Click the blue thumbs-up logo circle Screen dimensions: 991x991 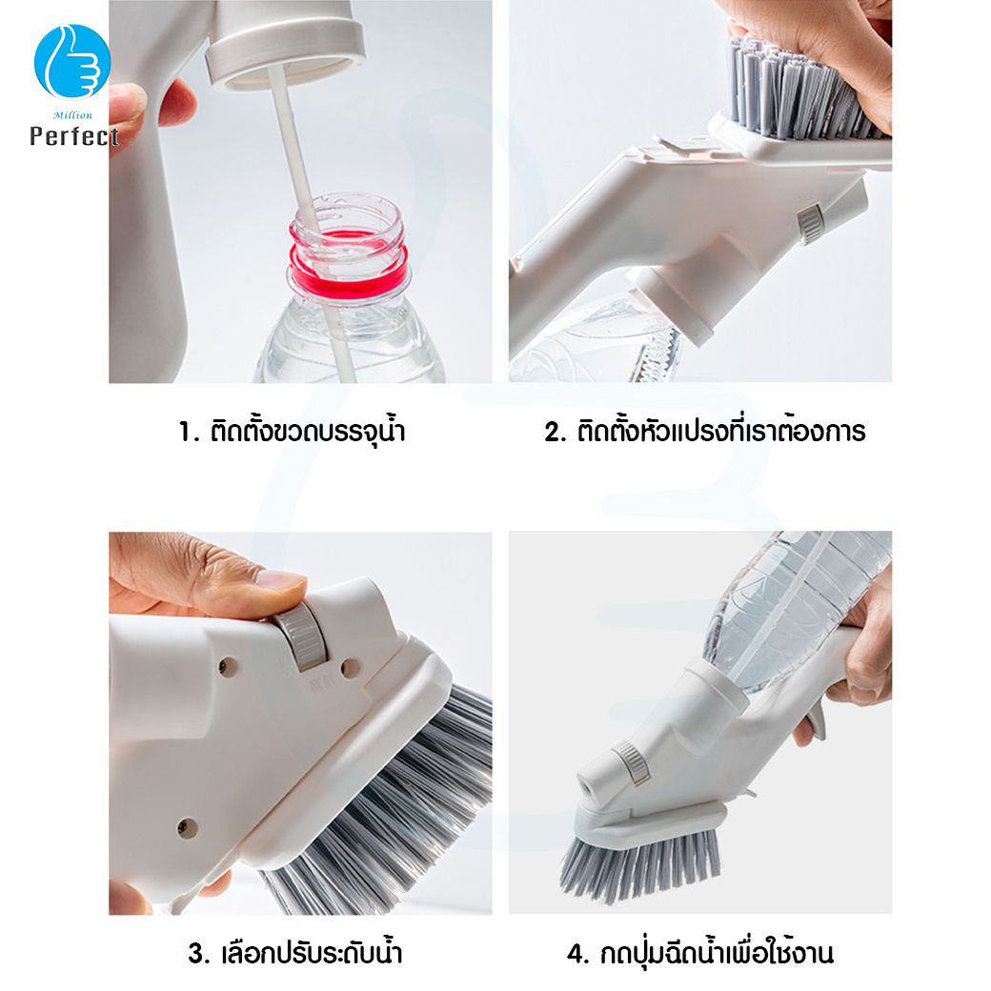(x=72, y=61)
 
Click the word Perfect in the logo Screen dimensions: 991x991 (x=74, y=136)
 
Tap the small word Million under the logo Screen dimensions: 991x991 (x=72, y=115)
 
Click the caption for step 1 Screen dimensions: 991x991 (x=292, y=431)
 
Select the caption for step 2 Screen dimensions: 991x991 (x=705, y=431)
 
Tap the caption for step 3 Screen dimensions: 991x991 (x=295, y=953)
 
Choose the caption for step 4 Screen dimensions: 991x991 (x=700, y=953)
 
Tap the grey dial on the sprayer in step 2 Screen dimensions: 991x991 (x=810, y=223)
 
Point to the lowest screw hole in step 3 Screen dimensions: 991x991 (x=187, y=827)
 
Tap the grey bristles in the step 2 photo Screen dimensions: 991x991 (x=802, y=89)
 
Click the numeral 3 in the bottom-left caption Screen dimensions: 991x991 (x=198, y=954)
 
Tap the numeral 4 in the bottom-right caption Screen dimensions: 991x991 (x=577, y=954)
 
